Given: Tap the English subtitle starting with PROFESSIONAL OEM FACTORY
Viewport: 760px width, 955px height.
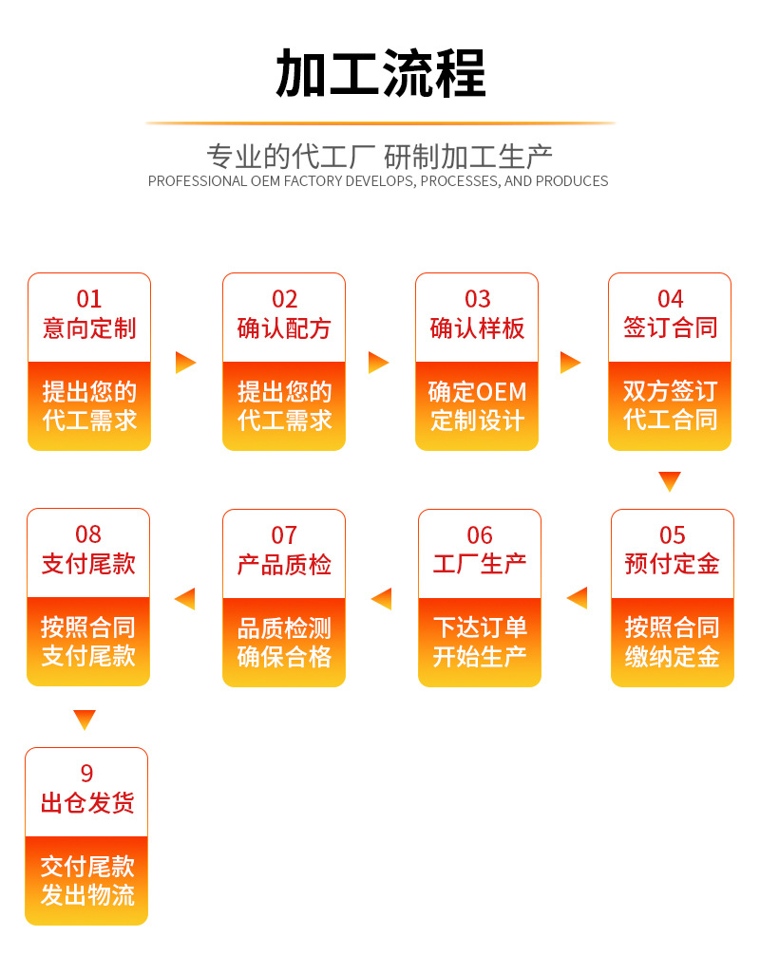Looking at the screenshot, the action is click(378, 181).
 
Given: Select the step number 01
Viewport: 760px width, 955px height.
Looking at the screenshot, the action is click(88, 300).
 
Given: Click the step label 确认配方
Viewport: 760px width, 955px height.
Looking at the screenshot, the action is click(284, 329).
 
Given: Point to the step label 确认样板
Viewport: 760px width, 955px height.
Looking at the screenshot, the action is click(477, 329).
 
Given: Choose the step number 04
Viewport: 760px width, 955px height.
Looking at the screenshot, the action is click(670, 300).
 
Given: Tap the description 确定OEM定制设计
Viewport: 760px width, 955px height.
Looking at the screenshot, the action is click(477, 405).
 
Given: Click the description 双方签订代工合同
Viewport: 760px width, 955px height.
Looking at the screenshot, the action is click(670, 405).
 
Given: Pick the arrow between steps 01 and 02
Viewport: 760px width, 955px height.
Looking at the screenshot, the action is click(185, 362).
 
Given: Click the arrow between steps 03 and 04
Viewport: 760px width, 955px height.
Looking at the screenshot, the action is click(570, 362).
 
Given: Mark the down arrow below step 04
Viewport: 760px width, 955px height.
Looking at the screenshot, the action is click(670, 481).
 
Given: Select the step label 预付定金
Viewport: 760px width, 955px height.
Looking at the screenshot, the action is click(672, 565).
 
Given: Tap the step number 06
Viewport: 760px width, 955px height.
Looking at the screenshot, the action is click(480, 535).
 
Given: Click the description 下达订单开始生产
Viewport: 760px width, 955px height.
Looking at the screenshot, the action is click(480, 642).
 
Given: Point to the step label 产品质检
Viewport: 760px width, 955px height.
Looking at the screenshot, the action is click(284, 565).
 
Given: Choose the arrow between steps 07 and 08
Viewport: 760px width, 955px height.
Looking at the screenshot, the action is click(185, 598).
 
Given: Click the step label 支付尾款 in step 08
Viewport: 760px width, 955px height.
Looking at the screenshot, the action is click(88, 565).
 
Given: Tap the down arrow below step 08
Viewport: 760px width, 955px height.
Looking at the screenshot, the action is click(85, 720).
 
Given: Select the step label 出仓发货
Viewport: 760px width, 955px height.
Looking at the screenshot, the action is click(86, 804).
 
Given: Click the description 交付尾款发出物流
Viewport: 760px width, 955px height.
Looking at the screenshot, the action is click(86, 880).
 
